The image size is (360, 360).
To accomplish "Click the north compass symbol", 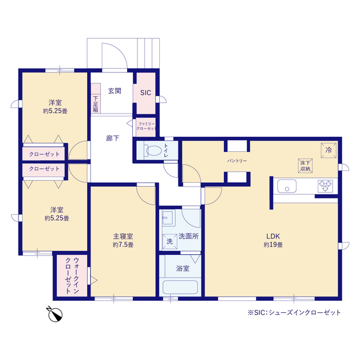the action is point(55,314).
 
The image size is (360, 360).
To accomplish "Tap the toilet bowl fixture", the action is point(152,150).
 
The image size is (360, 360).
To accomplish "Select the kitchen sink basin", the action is point(287,186).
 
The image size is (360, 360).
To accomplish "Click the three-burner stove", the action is point(325,186).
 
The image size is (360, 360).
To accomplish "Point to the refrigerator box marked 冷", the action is point(328,150).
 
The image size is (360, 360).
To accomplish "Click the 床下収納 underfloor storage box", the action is point(305,166).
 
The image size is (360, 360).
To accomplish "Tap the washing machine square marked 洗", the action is point(170,241).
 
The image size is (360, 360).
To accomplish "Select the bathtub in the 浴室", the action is point(180,287).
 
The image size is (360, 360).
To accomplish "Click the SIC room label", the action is point(146,92).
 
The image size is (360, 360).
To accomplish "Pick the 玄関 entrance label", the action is point(115,91).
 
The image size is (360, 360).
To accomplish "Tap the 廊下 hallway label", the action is point(112,138).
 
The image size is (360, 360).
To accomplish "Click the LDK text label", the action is point(273,236).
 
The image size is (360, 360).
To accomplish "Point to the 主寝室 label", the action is point(123,236).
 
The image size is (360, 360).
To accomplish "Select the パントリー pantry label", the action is point(237,161).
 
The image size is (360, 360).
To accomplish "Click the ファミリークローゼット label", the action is point(146,126).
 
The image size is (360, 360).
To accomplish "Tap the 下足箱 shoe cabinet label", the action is point(96,104).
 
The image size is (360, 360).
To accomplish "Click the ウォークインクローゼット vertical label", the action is point(72,276).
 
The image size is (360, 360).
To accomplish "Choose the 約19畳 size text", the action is point(273,245).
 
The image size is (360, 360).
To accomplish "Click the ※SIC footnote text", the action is point(294,313).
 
